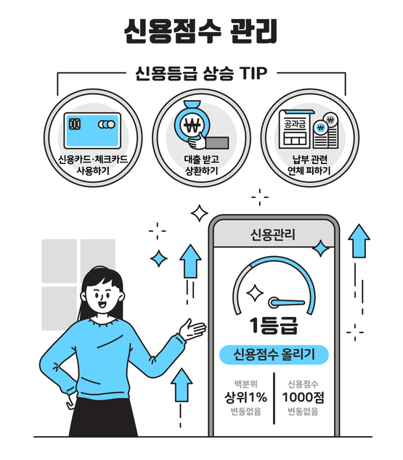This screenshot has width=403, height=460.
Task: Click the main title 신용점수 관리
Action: click(x=201, y=32)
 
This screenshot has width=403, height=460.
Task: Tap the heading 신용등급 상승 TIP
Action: click(x=201, y=74)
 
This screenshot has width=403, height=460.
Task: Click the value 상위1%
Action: click(x=245, y=397)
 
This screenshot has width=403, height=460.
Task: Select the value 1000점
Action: click(x=302, y=397)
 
